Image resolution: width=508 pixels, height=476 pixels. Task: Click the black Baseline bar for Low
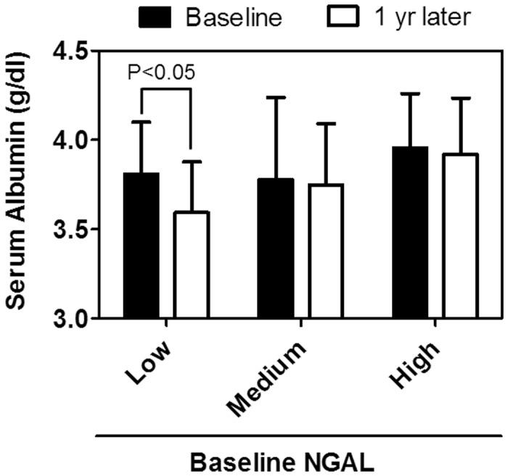pos(142,246)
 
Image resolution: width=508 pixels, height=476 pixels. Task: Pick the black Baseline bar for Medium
pos(276,248)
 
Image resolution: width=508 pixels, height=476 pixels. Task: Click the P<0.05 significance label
pos(161,72)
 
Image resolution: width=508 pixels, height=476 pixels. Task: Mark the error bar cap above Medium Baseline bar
pos(276,97)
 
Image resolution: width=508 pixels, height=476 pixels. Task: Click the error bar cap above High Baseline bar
pos(410,93)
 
